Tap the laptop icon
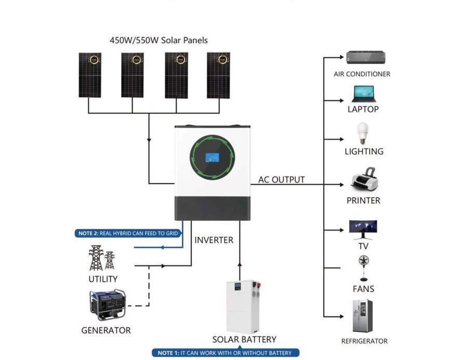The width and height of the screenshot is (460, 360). point(364,94)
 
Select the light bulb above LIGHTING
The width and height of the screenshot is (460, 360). point(363,133)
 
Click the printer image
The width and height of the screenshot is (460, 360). point(364,178)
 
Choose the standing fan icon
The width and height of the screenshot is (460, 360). point(363,268)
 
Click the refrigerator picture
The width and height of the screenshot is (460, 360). point(363,316)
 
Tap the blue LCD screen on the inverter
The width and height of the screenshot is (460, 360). point(212,158)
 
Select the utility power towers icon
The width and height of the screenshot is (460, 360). point(101,258)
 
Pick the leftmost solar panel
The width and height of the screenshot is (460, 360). point(90,75)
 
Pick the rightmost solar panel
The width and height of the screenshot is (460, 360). point(218,75)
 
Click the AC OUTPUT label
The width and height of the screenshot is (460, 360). point(281,179)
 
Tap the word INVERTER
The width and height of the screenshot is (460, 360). point(214,240)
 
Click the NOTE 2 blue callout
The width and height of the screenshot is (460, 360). point(128,234)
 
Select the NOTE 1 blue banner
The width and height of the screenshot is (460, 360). point(225,353)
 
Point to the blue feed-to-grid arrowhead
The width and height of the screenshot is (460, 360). point(162,247)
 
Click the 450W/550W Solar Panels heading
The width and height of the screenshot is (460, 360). point(159,40)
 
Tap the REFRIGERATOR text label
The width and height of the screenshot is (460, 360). point(364,341)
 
